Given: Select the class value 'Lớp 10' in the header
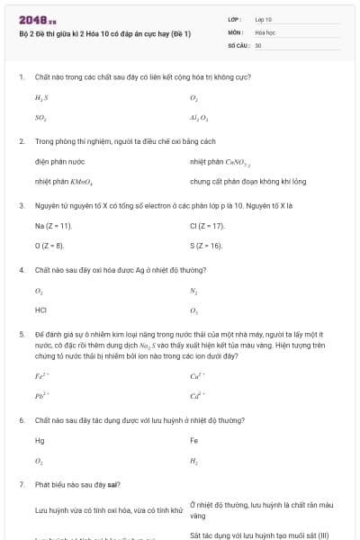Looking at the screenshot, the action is (264, 18).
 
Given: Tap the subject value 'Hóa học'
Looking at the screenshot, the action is (265, 31).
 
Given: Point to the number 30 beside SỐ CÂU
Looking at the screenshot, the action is (258, 44).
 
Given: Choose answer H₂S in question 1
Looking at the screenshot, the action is (40, 96).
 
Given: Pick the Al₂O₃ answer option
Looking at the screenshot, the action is (199, 117).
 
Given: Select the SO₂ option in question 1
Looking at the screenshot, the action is (40, 117).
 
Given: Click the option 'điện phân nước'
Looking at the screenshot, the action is (60, 161).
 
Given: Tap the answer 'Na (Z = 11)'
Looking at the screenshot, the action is (53, 225).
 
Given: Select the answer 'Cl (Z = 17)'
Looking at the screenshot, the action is (208, 225).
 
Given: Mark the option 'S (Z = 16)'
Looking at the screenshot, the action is (206, 245).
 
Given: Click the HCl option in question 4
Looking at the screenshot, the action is (40, 310).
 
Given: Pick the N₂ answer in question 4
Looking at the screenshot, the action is (193, 290).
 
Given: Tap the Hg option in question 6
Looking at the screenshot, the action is (40, 440).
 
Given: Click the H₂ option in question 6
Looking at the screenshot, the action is (193, 460).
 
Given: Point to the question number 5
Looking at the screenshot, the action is (21, 333).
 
